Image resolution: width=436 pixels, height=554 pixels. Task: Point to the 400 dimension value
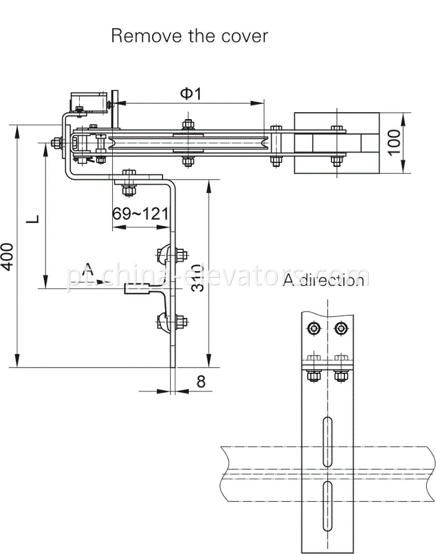click(7, 256)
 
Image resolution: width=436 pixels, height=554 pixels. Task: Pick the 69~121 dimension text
click(140, 214)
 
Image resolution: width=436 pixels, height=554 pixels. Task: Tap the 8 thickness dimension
click(201, 382)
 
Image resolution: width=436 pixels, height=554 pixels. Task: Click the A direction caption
click(323, 280)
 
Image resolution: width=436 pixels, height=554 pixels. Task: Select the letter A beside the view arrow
click(89, 269)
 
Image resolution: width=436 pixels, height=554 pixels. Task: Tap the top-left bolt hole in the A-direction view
click(313, 328)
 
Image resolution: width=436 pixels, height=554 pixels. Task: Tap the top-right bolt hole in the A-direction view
click(340, 328)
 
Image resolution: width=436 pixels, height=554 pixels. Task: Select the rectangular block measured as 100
click(336, 143)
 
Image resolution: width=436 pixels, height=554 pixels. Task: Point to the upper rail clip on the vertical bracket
click(165, 255)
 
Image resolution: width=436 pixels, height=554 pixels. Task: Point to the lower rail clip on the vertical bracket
click(165, 322)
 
